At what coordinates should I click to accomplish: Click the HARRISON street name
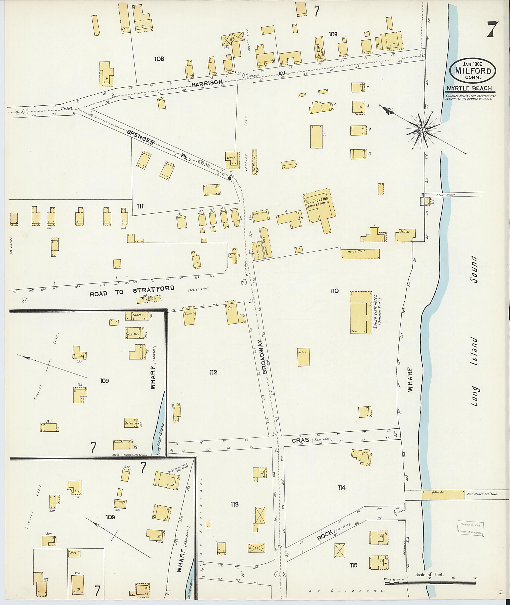[x=206, y=84]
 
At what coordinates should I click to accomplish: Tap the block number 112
[x=213, y=372]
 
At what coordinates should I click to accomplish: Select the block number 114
[x=341, y=488]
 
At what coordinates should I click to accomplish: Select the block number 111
[x=140, y=206]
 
